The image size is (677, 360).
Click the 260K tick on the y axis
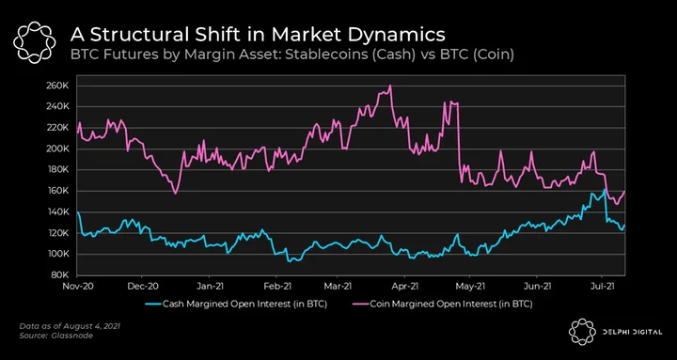click(56, 86)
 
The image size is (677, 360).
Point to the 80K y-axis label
click(58, 275)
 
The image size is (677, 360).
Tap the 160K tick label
click(56, 191)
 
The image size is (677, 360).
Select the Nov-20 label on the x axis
click(77, 286)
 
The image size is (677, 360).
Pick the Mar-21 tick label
click(338, 286)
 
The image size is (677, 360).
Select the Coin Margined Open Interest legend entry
click(439, 305)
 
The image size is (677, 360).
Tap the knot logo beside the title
click(34, 42)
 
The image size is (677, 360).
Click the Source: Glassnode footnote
click(56, 335)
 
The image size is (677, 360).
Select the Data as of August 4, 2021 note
click(70, 326)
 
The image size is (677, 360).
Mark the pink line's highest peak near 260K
click(390, 85)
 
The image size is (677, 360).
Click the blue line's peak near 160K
click(605, 189)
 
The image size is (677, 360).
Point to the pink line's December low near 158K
click(175, 194)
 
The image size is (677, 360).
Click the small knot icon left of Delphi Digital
click(582, 332)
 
